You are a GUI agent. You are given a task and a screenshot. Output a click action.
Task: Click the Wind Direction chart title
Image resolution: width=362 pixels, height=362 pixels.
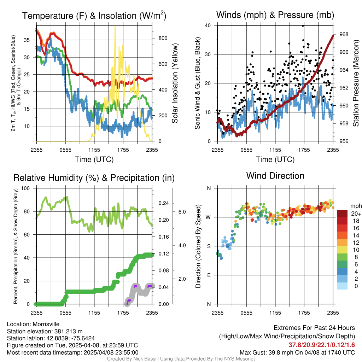click(x=275, y=176)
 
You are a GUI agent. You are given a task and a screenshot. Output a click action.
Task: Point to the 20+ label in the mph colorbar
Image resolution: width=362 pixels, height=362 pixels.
click(x=355, y=214)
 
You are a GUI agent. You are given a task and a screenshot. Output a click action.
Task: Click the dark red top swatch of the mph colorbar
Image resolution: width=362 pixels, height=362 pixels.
click(x=342, y=214)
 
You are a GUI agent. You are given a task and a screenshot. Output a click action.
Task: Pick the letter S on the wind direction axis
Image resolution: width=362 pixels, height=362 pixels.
click(x=209, y=246)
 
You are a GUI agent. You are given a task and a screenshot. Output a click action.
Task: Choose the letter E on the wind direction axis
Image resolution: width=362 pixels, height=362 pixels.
click(x=209, y=275)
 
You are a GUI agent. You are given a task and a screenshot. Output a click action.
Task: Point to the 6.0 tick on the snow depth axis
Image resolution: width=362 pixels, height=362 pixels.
click(x=182, y=212)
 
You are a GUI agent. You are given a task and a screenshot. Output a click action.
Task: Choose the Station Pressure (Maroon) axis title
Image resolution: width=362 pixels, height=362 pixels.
click(x=356, y=83)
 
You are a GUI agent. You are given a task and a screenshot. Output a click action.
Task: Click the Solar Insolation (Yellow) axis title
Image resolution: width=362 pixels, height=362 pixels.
click(x=175, y=83)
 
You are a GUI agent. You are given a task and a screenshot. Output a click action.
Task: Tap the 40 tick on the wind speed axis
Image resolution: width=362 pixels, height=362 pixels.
click(x=208, y=25)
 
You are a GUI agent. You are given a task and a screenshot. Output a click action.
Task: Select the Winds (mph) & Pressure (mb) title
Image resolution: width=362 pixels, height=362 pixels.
click(x=275, y=15)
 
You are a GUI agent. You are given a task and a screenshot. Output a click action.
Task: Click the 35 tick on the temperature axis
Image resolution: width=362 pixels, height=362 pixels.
click(x=27, y=40)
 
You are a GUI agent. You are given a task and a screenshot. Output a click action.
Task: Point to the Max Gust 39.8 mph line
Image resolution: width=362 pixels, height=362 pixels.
click(x=297, y=352)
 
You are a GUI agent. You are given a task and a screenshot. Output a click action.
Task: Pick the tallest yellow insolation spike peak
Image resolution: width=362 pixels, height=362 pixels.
click(x=115, y=26)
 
